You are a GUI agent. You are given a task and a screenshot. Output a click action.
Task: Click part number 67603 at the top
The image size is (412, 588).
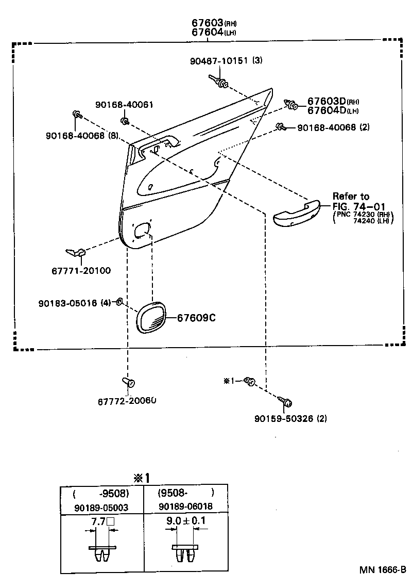pyautogui.click(x=207, y=23)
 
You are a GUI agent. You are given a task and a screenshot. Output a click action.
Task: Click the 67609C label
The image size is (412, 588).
pyautogui.click(x=196, y=318)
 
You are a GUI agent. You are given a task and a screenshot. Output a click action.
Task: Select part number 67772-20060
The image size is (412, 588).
pyautogui.click(x=127, y=401)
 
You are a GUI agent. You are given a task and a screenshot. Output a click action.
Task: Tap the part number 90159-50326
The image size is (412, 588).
pyautogui.click(x=284, y=418)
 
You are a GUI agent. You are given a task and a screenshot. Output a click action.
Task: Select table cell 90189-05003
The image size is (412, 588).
pyautogui.click(x=102, y=508)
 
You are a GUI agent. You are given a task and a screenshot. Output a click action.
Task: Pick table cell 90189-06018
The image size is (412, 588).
pyautogui.click(x=185, y=507)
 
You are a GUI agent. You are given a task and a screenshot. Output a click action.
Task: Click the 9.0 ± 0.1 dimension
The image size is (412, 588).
pyautogui.click(x=185, y=521)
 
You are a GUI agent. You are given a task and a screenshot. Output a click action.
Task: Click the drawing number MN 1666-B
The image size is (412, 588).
pyautogui.click(x=383, y=571)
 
